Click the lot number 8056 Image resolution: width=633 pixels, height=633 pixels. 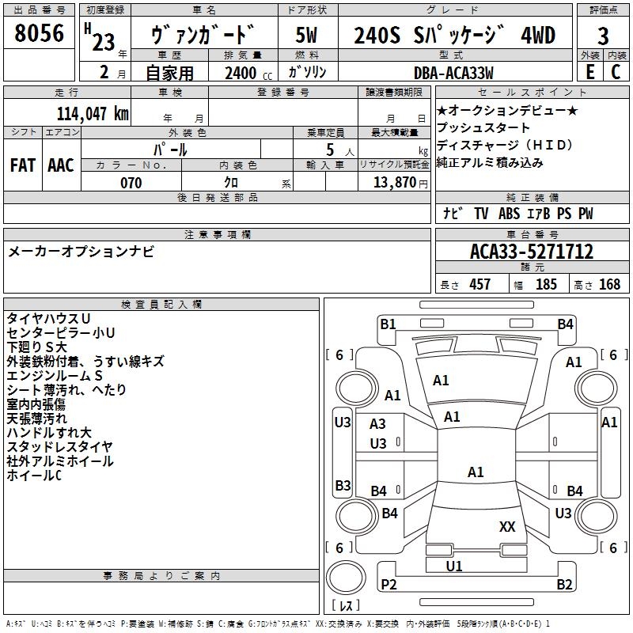[39, 33]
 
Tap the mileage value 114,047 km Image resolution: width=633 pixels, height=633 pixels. [93, 114]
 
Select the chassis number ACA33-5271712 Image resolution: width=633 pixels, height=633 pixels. [532, 252]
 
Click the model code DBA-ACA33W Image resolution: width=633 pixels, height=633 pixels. [453, 73]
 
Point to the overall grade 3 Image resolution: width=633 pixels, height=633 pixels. [603, 36]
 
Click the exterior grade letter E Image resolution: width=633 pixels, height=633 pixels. [589, 72]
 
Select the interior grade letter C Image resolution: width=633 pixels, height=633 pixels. [616, 72]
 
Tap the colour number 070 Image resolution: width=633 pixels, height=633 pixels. [131, 183]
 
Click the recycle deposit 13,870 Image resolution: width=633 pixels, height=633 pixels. [395, 183]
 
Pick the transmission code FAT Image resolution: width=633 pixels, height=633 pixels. [23, 165]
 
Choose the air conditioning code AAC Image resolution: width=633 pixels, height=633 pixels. [61, 165]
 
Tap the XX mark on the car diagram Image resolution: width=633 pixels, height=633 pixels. [507, 526]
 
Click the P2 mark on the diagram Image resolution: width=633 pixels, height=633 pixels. [389, 584]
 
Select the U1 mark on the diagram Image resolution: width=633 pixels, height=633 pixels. [453, 566]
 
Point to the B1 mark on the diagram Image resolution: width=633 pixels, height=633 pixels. [388, 324]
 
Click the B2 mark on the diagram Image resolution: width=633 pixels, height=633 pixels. [564, 584]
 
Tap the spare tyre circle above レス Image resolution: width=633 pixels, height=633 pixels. [346, 578]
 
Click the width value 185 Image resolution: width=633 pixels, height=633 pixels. [546, 284]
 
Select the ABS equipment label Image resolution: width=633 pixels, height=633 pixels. [509, 214]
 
